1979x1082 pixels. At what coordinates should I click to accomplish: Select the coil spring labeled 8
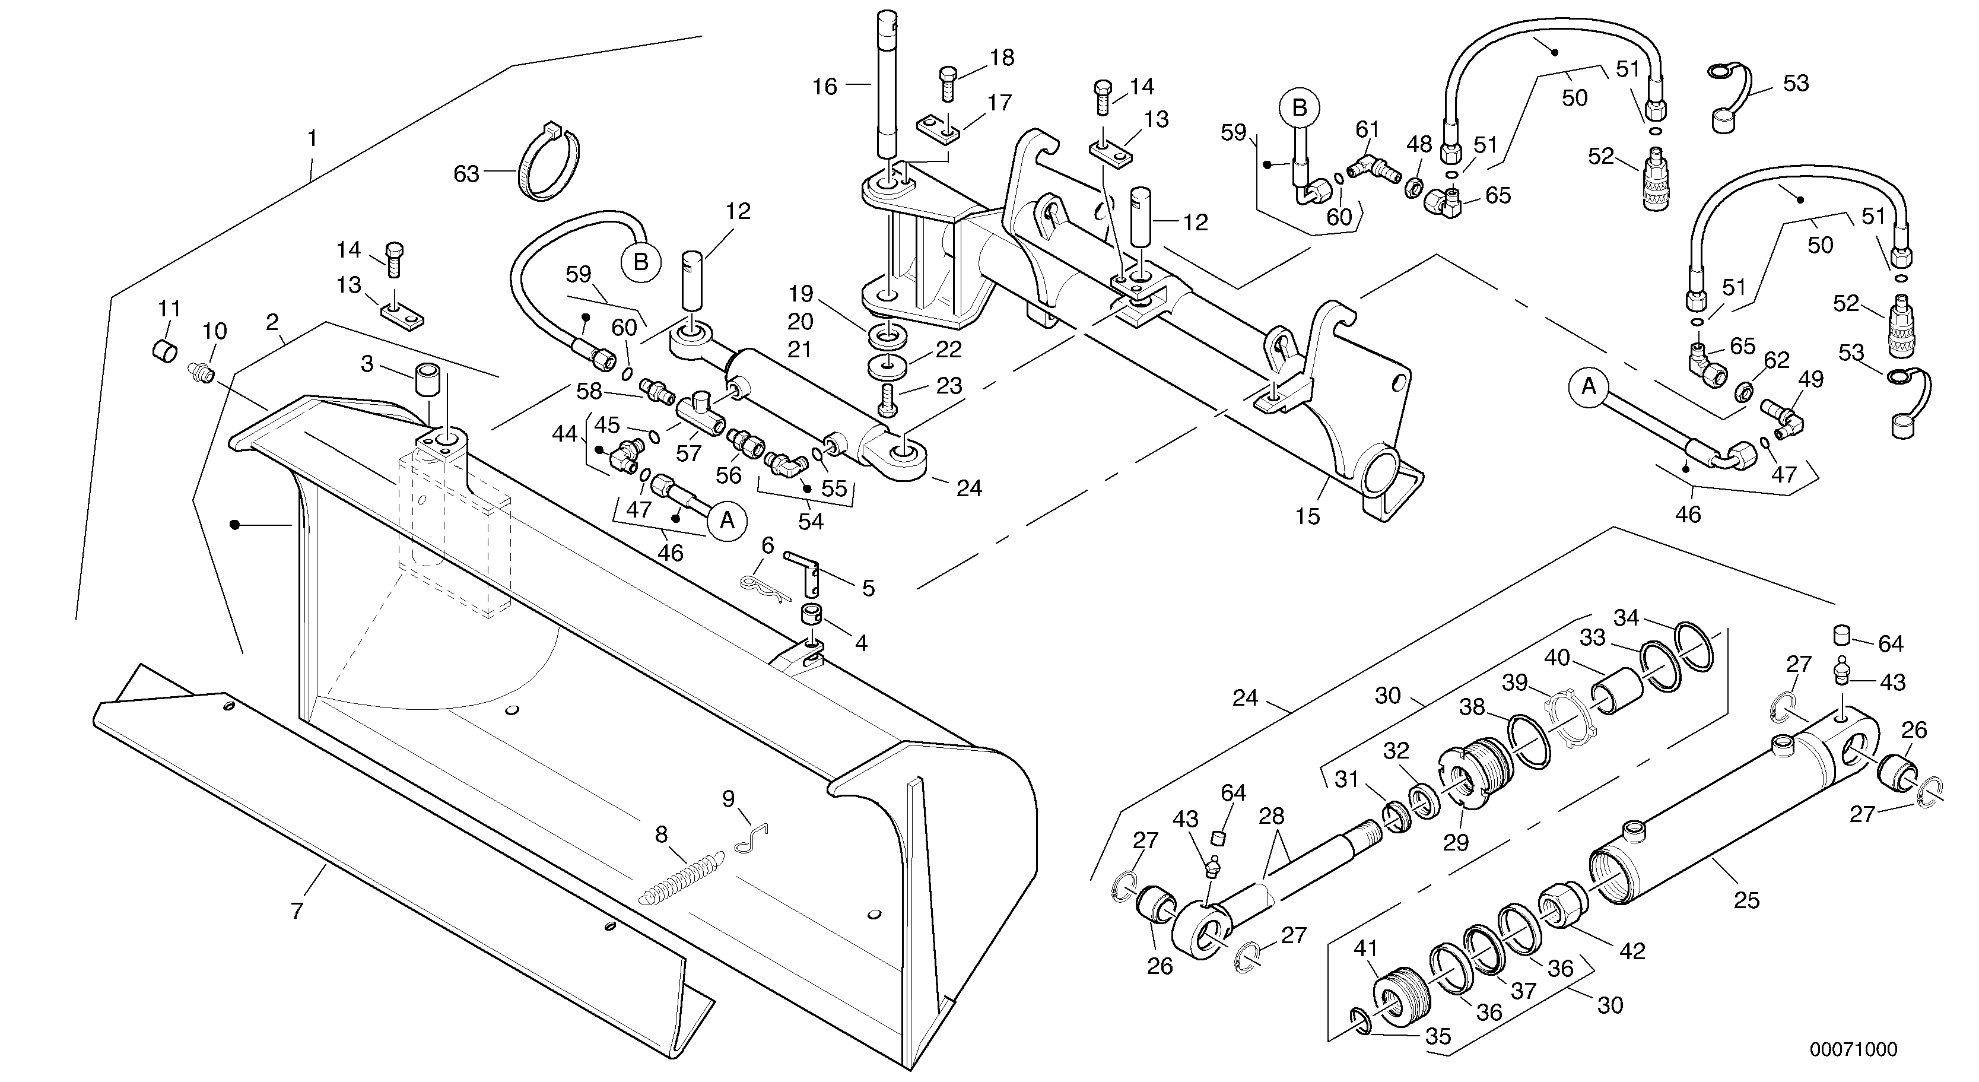point(681,878)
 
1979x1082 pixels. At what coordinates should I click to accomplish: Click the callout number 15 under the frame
point(1307,516)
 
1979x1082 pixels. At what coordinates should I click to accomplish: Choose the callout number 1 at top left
point(312,138)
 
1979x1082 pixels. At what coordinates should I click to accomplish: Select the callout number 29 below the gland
point(1455,843)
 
